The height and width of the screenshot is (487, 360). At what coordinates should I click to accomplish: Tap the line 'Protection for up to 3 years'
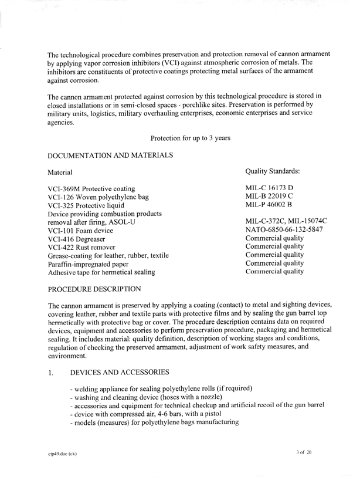191,138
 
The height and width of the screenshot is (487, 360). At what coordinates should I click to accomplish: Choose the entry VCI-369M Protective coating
91,189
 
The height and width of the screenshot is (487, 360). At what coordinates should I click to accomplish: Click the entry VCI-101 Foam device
83,230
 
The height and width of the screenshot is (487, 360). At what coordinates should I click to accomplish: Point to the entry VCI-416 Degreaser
81,239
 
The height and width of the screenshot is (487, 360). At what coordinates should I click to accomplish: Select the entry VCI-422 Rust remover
86,247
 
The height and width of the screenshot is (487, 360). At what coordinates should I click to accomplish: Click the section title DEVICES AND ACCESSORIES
120,372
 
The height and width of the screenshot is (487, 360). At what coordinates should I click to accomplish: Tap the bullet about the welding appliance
161,388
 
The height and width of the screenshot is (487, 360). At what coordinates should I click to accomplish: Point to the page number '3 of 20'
305,453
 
